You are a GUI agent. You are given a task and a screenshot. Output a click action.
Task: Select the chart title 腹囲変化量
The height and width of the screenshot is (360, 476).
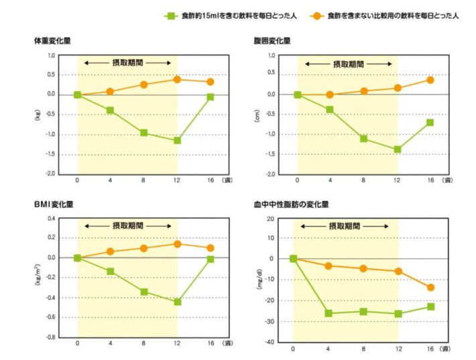click(x=272, y=41)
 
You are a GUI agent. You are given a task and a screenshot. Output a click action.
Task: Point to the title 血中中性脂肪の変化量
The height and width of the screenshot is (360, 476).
click(x=291, y=204)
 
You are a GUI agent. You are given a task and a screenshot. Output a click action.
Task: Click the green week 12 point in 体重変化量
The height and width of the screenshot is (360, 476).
click(x=177, y=140)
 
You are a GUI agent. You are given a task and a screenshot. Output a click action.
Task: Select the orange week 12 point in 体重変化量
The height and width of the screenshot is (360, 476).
click(x=177, y=79)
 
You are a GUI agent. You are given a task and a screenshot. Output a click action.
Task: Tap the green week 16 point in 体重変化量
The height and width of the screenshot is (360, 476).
click(x=210, y=97)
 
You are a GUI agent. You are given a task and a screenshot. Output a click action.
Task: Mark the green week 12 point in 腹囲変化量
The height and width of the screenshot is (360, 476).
click(x=397, y=149)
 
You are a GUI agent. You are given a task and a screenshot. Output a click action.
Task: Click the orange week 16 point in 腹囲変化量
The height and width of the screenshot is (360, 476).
click(x=430, y=80)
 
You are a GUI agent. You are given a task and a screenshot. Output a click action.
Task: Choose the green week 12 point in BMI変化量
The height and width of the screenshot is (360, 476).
click(x=177, y=302)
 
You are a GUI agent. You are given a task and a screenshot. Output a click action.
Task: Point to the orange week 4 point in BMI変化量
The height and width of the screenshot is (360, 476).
click(x=110, y=251)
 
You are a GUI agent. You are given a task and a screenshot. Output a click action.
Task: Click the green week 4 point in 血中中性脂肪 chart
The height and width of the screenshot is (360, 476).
click(x=329, y=313)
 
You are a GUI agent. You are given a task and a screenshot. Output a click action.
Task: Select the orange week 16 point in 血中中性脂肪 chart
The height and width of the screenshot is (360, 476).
click(x=430, y=288)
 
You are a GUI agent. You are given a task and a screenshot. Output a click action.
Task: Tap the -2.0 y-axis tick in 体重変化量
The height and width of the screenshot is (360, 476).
click(x=50, y=174)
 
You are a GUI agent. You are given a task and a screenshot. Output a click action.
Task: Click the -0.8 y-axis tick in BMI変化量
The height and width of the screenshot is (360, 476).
click(x=50, y=337)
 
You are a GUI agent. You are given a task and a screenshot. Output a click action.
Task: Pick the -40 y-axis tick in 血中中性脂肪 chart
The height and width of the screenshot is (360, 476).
click(x=270, y=342)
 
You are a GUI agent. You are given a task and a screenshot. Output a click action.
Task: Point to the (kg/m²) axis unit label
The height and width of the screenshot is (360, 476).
click(x=37, y=278)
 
